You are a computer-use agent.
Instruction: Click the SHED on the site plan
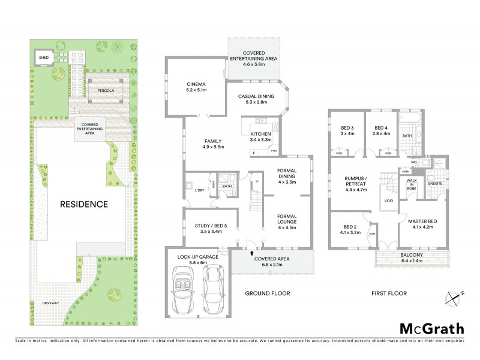pyautogui.click(x=43, y=58)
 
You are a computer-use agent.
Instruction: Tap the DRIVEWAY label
pyautogui.click(x=50, y=304)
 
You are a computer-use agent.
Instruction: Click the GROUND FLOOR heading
pyautogui.click(x=268, y=294)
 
